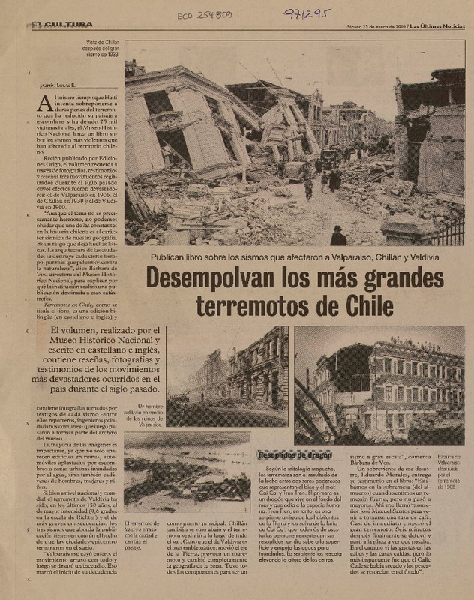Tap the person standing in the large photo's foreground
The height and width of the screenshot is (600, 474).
(338, 236)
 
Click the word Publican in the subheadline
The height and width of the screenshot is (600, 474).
(169, 257)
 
